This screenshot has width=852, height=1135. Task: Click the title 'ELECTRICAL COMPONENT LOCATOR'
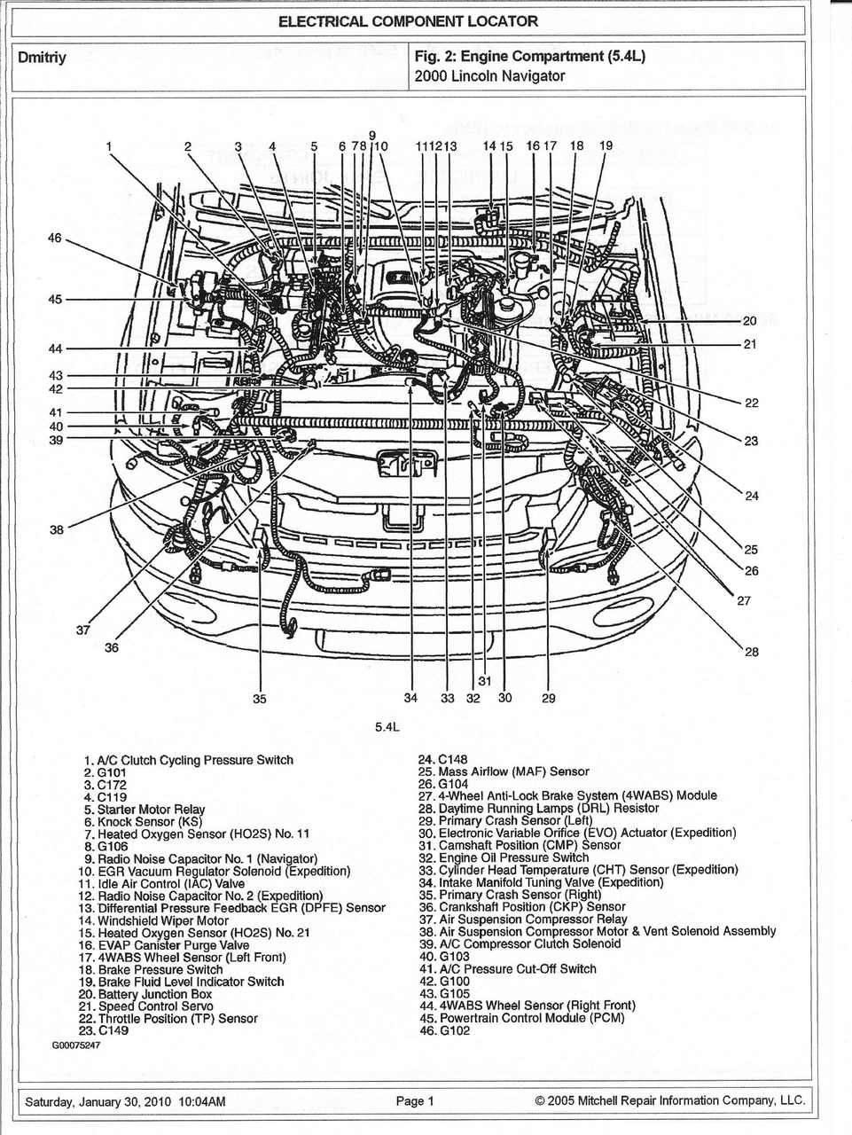coord(408,21)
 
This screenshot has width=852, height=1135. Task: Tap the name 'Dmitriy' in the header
coord(43,58)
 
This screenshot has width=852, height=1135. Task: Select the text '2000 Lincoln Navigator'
coord(489,76)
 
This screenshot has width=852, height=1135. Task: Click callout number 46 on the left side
coord(55,239)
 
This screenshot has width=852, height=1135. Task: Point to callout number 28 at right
coord(751,652)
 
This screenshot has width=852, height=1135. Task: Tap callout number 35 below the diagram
coord(259,699)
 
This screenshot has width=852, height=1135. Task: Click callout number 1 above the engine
coord(109,146)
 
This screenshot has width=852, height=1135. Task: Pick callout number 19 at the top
coord(606,146)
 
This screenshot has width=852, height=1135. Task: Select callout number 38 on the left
coord(57,529)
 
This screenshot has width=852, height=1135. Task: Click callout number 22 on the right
coord(751,403)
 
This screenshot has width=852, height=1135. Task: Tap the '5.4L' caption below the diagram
coord(387,727)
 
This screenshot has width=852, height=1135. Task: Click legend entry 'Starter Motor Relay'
coord(151,810)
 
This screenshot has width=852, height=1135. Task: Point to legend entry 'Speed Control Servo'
coord(155,1006)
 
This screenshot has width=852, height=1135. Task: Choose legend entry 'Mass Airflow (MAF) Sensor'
coord(513,771)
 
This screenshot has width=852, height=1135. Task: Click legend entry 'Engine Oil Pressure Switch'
coord(513,857)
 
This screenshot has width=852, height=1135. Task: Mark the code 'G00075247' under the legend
coord(76,1045)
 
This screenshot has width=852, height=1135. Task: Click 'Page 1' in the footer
coord(415,1101)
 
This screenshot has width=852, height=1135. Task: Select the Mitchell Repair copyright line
coord(670,1101)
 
